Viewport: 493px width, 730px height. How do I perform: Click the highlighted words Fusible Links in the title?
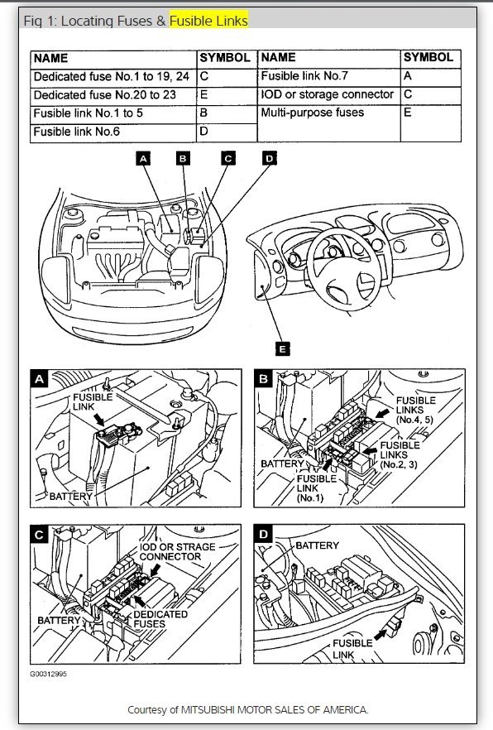tap(208, 21)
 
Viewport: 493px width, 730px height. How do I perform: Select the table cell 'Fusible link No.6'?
tap(113, 132)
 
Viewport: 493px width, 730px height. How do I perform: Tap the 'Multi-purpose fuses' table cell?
tap(329, 123)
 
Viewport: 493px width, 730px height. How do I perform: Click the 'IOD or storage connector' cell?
tap(329, 95)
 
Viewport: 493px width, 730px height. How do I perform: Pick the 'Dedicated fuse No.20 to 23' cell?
tap(113, 95)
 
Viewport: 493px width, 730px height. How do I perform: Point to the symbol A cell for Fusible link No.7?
tap(431, 77)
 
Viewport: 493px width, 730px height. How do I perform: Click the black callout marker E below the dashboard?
tap(282, 348)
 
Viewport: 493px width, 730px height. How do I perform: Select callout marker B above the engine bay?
tap(183, 158)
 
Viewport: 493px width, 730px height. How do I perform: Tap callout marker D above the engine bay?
tap(270, 158)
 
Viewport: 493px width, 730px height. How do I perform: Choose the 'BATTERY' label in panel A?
tap(70, 497)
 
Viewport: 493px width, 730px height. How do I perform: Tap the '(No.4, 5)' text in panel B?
tap(415, 420)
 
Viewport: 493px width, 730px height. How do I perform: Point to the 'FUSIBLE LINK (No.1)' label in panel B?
tap(316, 488)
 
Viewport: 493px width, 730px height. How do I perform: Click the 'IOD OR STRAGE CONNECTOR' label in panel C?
tap(177, 552)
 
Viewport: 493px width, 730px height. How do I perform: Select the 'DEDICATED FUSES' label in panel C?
tap(160, 619)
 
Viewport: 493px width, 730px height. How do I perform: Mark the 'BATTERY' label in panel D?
tap(317, 545)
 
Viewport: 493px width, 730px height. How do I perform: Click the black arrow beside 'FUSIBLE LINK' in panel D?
tap(381, 634)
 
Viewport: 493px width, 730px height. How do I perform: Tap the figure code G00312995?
tap(48, 674)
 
